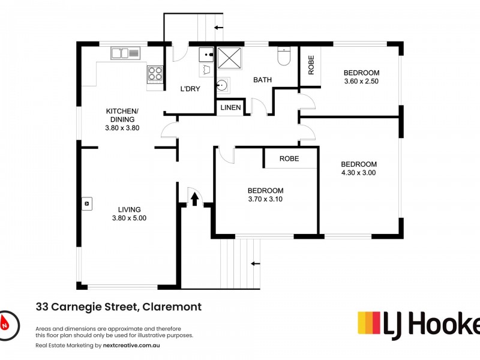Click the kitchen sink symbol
[x=125, y=53]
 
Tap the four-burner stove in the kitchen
[x=155, y=74]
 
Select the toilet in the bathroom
[x=284, y=56]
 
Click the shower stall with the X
[x=229, y=58]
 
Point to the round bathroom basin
[x=222, y=85]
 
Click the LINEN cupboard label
[x=230, y=107]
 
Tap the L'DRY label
[x=190, y=89]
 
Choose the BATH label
[x=262, y=80]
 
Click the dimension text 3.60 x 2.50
[x=361, y=81]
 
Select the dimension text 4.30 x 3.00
[x=358, y=173]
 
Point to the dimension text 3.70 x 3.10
[x=265, y=199]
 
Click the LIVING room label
[x=130, y=209]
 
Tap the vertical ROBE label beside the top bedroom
[x=311, y=65]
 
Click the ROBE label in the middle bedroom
[x=289, y=158]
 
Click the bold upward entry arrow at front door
[x=194, y=199]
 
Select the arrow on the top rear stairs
[x=218, y=28]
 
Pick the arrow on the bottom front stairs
[x=256, y=263]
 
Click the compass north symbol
[x=8, y=326]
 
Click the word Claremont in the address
[x=172, y=307]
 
